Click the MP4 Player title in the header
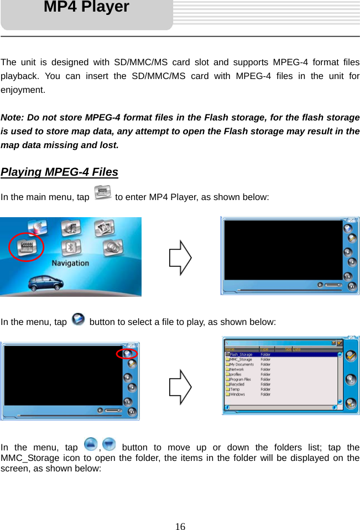click(x=86, y=8)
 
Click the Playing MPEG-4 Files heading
click(x=59, y=172)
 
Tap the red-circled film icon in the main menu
click(x=26, y=246)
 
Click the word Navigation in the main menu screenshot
click(x=70, y=263)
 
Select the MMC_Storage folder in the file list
click(x=241, y=359)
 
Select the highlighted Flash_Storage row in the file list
click(x=241, y=354)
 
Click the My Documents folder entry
click(x=242, y=364)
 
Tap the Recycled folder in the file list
click(x=237, y=385)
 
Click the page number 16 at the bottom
click(x=180, y=526)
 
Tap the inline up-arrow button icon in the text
click(x=91, y=444)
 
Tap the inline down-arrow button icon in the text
click(x=109, y=444)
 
